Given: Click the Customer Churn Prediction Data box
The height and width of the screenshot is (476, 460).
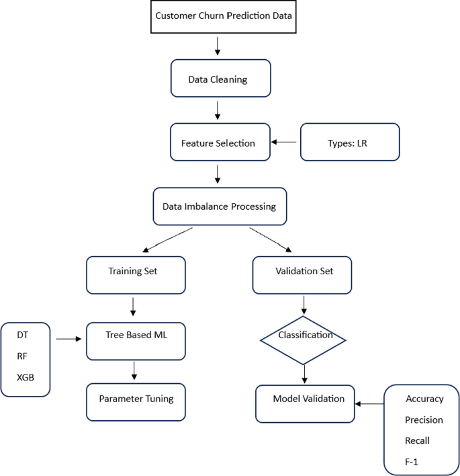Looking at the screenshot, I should coord(224,16).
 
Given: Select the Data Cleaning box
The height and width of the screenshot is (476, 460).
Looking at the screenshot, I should coord(220,79).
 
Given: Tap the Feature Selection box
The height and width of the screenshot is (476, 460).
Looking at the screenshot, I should coord(220,143).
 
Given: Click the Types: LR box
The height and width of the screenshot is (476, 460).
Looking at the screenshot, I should coord(349,143).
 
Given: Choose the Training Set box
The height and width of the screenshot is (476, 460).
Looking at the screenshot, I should coord(136,273).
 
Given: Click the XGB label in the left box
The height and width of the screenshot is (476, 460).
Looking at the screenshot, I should coord(25,376).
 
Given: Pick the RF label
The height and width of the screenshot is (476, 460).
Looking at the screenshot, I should coord(22,354).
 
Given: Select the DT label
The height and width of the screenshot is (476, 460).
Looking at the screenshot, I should coord(22,333).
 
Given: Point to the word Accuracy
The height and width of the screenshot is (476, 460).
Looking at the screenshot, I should coord(424,399).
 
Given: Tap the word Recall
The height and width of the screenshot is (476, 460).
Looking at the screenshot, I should coord(417,441).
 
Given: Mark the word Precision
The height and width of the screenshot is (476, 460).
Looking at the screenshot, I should coord(424,420).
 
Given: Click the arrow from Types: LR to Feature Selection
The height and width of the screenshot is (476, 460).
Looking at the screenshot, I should coord(285,143).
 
